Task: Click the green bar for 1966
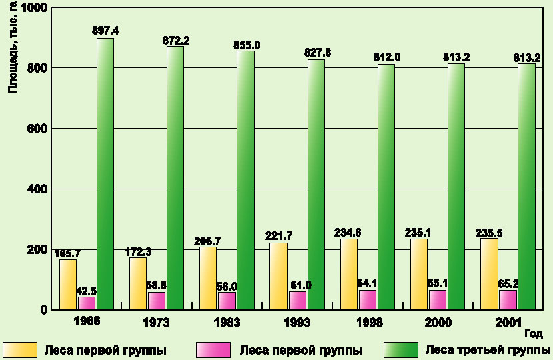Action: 105,173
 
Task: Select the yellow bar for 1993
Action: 279,276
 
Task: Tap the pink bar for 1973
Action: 157,301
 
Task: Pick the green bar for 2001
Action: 526,186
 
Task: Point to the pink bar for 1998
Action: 368,299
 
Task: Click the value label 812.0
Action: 387,57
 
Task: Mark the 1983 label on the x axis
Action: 225,322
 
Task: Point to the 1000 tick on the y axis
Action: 34,8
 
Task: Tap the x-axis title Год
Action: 532,333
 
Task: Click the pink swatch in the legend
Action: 213,350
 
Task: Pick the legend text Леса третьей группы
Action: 488,350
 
